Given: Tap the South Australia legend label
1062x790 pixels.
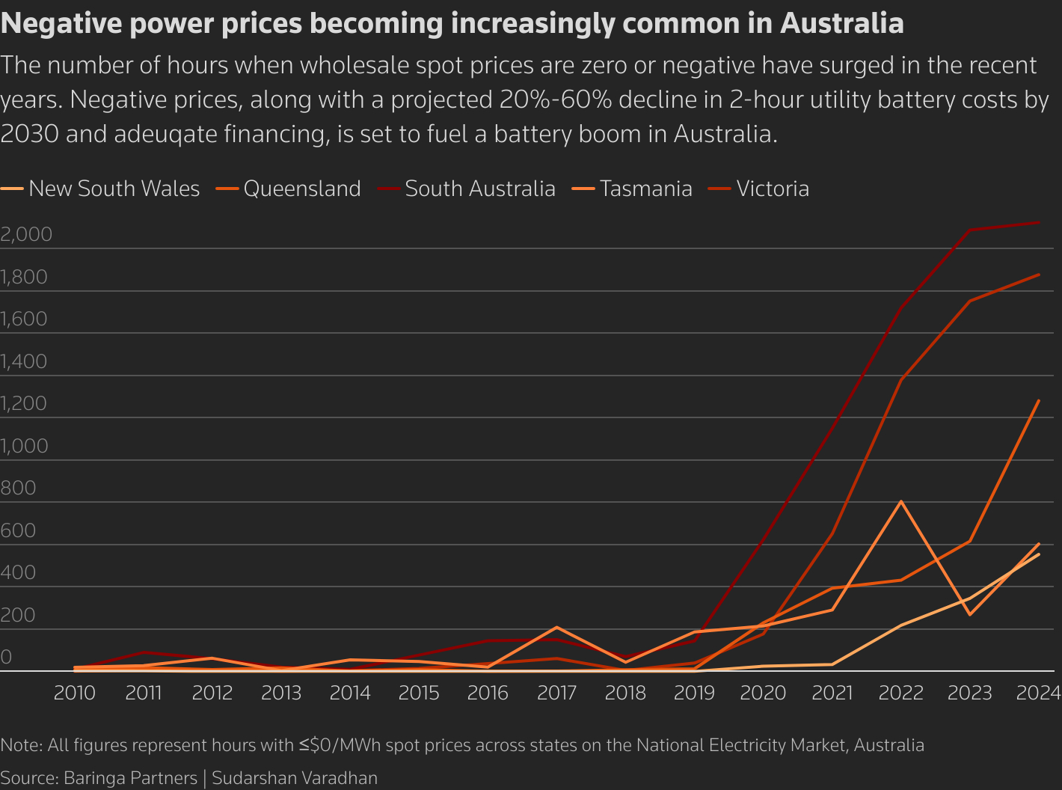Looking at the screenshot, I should (x=479, y=189).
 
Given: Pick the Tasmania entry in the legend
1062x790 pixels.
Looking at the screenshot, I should (x=645, y=189).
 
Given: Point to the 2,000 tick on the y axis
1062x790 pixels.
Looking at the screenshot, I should (x=26, y=234).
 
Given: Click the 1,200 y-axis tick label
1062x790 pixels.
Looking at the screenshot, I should (x=24, y=403).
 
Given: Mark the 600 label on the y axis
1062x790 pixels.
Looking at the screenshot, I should (x=18, y=530).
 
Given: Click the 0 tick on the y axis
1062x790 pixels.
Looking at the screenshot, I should (x=6, y=657).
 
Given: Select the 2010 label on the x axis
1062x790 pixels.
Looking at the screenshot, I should (x=75, y=693).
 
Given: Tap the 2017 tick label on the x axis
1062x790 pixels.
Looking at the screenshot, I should (x=556, y=693).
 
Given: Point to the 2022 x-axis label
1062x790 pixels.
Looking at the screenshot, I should (x=900, y=693).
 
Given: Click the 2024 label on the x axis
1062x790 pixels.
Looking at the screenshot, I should (x=1038, y=693).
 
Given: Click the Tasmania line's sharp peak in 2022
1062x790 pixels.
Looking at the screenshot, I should (x=901, y=501).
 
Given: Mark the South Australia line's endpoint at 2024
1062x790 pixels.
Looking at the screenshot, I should (x=1039, y=223).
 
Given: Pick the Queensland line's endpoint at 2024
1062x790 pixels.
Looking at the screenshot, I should (x=1039, y=400).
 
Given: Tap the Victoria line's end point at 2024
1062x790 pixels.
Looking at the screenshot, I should (x=1039, y=275).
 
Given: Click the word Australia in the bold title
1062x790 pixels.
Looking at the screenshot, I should (x=841, y=24).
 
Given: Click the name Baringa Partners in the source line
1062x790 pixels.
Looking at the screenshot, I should (x=130, y=778).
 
